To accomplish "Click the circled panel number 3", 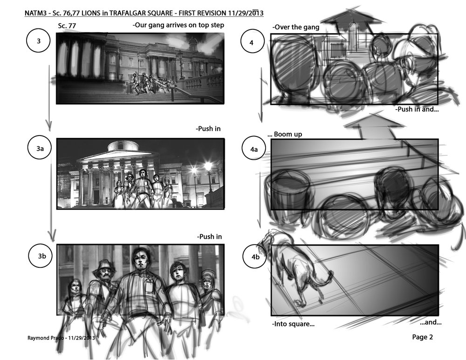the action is pos(39,41).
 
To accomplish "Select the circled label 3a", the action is pos(40,148).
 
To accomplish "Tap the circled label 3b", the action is pos(41,256).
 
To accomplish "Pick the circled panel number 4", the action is pos(252,42).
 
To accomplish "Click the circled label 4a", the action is pos(254,149).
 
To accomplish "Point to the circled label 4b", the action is pos(255,257).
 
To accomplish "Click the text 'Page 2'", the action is pos(422,337).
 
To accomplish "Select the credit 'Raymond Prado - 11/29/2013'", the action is pos(61,338).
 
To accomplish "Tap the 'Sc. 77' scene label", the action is pos(67,26).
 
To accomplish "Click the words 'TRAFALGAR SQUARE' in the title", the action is pos(141,13).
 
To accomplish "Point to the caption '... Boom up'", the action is pos(285,134).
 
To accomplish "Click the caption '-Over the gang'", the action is pos(296,27).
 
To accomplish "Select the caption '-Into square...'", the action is pos(293,324).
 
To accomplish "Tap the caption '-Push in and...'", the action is pos(417,109).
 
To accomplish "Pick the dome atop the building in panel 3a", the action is pos(123,146).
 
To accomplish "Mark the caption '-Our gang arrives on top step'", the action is pos(178,25).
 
